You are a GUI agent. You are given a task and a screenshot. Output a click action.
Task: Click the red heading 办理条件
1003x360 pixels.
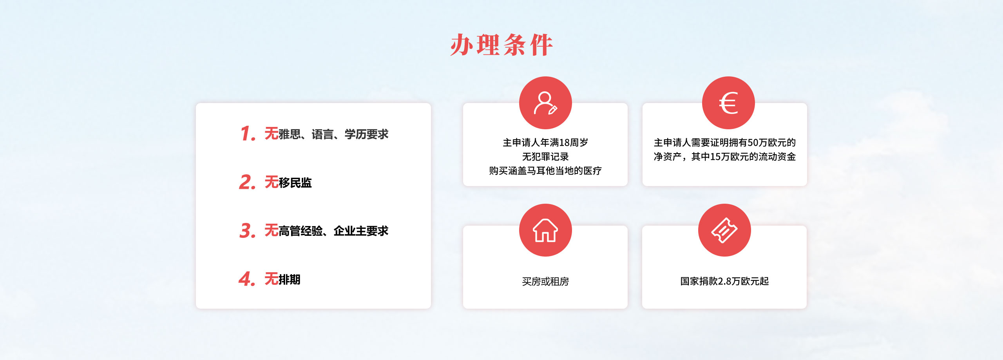pyautogui.click(x=501, y=45)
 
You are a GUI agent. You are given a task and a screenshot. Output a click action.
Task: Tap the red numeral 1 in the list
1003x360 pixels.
pyautogui.click(x=248, y=134)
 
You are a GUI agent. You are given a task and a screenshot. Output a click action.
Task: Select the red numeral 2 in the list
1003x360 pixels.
pyautogui.click(x=247, y=182)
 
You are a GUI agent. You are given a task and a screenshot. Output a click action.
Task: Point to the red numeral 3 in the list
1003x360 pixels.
pyautogui.click(x=247, y=230)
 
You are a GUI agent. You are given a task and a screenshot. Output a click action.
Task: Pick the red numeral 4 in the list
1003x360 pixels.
pyautogui.click(x=247, y=279)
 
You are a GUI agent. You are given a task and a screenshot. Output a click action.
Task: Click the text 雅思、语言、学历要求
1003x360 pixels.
pyautogui.click(x=333, y=134)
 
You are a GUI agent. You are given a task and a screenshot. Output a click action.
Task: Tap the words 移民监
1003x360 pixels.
pyautogui.click(x=295, y=183)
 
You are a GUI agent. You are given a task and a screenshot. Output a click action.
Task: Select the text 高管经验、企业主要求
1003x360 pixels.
pyautogui.click(x=333, y=231)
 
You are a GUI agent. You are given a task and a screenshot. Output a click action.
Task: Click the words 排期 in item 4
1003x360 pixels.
pyautogui.click(x=290, y=279)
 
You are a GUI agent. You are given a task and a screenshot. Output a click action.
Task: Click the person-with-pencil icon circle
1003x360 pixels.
pyautogui.click(x=545, y=103)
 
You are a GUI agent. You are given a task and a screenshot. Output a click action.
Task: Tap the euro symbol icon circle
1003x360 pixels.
pyautogui.click(x=728, y=103)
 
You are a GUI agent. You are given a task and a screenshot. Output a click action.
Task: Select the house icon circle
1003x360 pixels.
pyautogui.click(x=545, y=230)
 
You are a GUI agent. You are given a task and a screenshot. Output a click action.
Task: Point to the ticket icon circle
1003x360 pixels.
pyautogui.click(x=724, y=230)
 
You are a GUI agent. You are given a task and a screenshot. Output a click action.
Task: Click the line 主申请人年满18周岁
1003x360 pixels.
pyautogui.click(x=545, y=143)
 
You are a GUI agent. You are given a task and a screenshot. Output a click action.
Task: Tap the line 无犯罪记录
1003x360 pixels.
pyautogui.click(x=545, y=157)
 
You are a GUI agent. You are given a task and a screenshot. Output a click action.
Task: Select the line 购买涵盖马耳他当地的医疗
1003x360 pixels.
pyautogui.click(x=545, y=171)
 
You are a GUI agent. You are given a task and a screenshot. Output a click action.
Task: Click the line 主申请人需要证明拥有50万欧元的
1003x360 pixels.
pyautogui.click(x=725, y=143)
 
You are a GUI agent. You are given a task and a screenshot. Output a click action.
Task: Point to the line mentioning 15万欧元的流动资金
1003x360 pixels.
pyautogui.click(x=725, y=157)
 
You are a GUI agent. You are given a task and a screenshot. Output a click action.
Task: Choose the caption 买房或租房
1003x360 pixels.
pyautogui.click(x=545, y=281)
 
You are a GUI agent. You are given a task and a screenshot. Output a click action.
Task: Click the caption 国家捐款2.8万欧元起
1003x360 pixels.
pyautogui.click(x=724, y=281)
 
